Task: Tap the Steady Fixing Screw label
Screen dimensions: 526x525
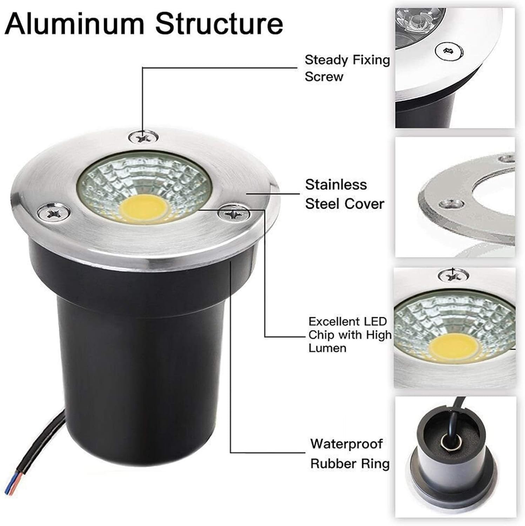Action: coord(347,68)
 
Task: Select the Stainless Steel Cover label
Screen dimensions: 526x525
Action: coord(344,194)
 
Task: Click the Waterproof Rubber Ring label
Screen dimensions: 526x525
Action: coord(350,453)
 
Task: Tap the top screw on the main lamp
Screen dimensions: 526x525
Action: coord(143,137)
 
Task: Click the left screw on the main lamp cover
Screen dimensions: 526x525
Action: coord(54,213)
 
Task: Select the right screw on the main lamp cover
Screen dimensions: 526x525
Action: coord(233,213)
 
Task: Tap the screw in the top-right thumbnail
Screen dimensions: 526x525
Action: coord(447,52)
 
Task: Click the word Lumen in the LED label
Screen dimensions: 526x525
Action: coord(327,348)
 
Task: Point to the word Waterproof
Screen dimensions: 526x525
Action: coord(346,444)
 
